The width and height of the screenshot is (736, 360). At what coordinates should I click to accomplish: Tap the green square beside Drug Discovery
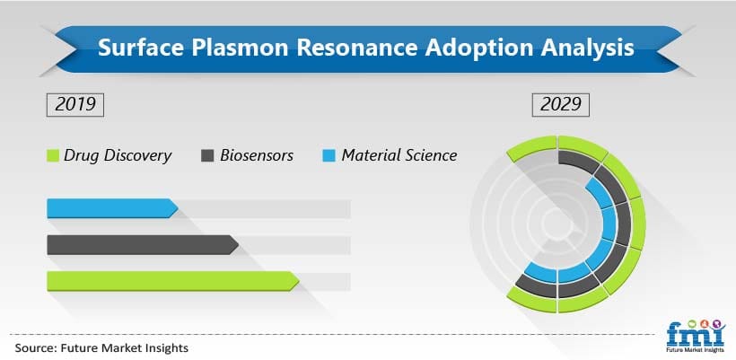[x=52, y=156]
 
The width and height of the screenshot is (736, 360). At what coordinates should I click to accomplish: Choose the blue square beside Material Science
[x=329, y=156]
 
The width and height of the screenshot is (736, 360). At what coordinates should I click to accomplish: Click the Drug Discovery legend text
[x=118, y=155]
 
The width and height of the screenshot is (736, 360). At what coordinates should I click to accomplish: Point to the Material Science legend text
[x=399, y=155]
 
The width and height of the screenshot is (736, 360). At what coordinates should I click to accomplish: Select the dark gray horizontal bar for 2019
[x=140, y=245]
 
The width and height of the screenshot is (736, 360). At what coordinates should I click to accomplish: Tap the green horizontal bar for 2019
[x=171, y=281]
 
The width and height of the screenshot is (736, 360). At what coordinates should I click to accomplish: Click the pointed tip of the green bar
[x=297, y=281]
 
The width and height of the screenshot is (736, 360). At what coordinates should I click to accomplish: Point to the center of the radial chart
[x=558, y=224]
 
